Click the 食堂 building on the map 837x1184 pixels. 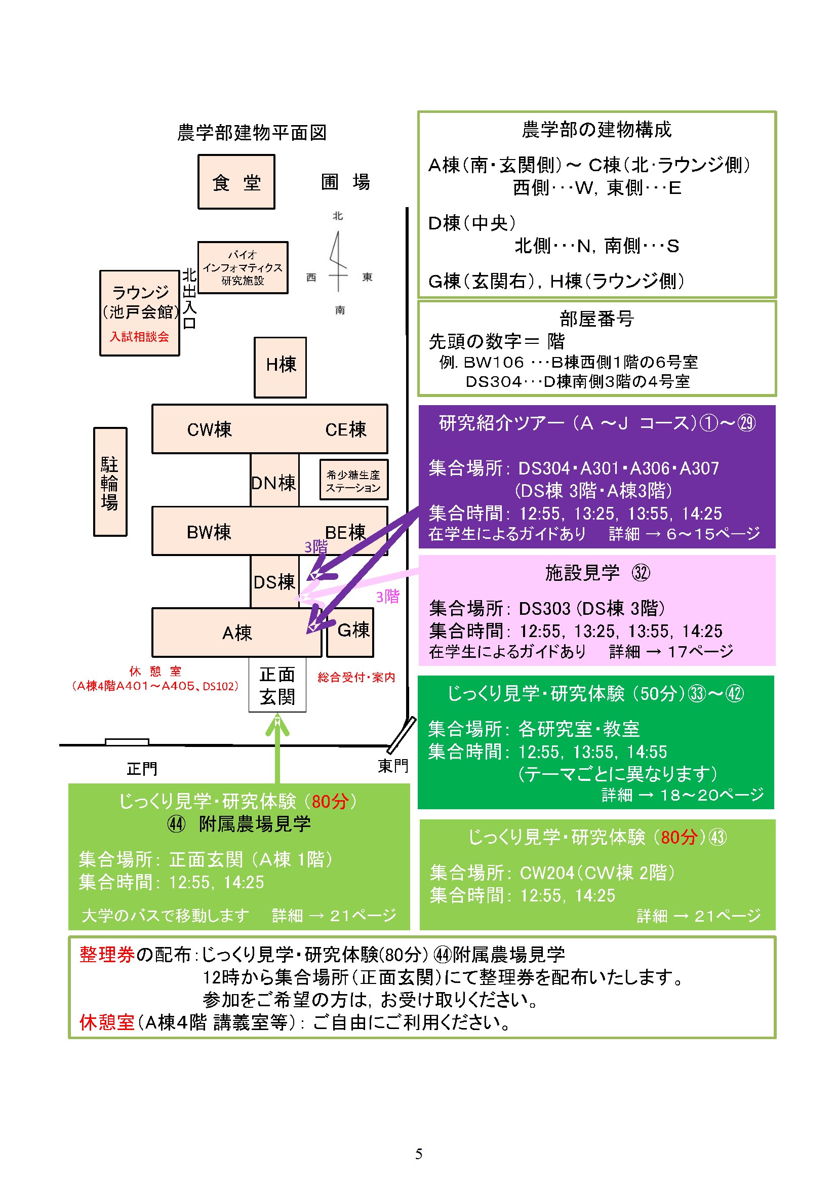pyautogui.click(x=236, y=182)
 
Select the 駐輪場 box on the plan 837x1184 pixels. pyautogui.click(x=110, y=482)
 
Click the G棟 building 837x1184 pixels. pyautogui.click(x=351, y=631)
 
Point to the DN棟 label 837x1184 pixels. pyautogui.click(x=274, y=482)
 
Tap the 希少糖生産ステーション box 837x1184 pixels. pyautogui.click(x=353, y=481)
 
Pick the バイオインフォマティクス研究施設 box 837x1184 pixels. pyautogui.click(x=243, y=267)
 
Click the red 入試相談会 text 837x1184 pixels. pyautogui.click(x=139, y=337)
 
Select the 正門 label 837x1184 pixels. pyautogui.click(x=142, y=769)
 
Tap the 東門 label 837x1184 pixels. pyautogui.click(x=393, y=766)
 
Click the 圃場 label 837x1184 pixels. pyautogui.click(x=345, y=182)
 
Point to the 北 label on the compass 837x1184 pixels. pyautogui.click(x=338, y=216)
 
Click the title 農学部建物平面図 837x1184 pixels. pyautogui.click(x=252, y=133)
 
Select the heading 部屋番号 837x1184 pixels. pyautogui.click(x=596, y=319)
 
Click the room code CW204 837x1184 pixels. pyautogui.click(x=547, y=873)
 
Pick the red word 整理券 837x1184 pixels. pyautogui.click(x=107, y=955)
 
